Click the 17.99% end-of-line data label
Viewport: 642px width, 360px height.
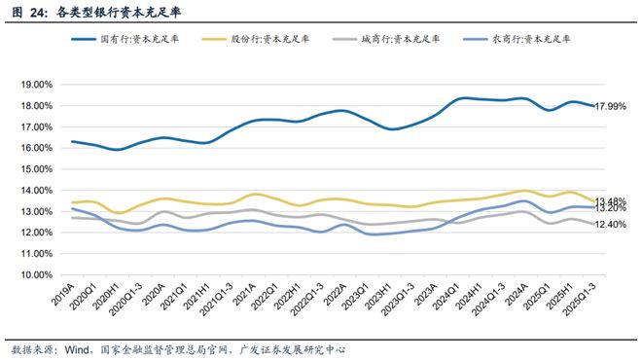coord(611,107)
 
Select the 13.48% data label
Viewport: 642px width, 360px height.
coord(611,200)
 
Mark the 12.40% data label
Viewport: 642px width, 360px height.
coord(611,225)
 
